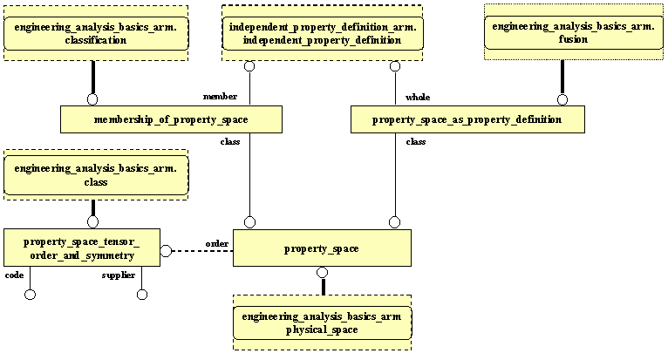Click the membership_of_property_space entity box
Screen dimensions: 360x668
coord(171,119)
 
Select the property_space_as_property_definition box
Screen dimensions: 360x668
coord(467,119)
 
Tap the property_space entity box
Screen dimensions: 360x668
coord(321,249)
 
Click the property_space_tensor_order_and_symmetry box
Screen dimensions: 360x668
coord(80,248)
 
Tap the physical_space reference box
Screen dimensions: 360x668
coord(321,323)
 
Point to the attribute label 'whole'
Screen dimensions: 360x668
coord(418,97)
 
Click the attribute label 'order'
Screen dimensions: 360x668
coord(217,243)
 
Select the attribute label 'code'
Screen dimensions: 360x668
coord(15,275)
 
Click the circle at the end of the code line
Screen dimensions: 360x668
coord(31,295)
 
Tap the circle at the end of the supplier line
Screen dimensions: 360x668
coord(142,295)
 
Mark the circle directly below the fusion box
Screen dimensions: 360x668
coord(562,99)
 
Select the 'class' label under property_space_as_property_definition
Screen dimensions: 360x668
coord(416,140)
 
